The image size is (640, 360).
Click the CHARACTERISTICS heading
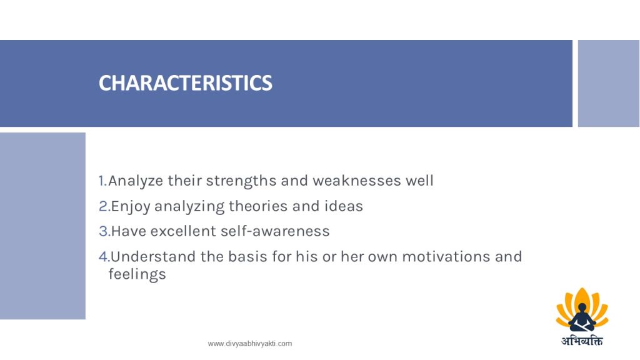tap(185, 83)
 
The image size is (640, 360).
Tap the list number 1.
tap(102, 181)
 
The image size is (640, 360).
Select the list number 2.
tap(104, 206)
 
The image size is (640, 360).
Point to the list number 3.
tap(104, 231)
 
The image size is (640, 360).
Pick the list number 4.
tap(104, 257)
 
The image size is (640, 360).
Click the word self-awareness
tap(275, 231)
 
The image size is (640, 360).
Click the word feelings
tap(137, 274)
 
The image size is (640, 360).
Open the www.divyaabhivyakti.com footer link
tap(250, 344)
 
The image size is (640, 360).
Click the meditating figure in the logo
tap(582, 317)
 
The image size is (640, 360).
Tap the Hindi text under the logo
tap(582, 341)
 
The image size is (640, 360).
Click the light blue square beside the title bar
tap(609, 83)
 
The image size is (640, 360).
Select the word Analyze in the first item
tap(136, 181)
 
